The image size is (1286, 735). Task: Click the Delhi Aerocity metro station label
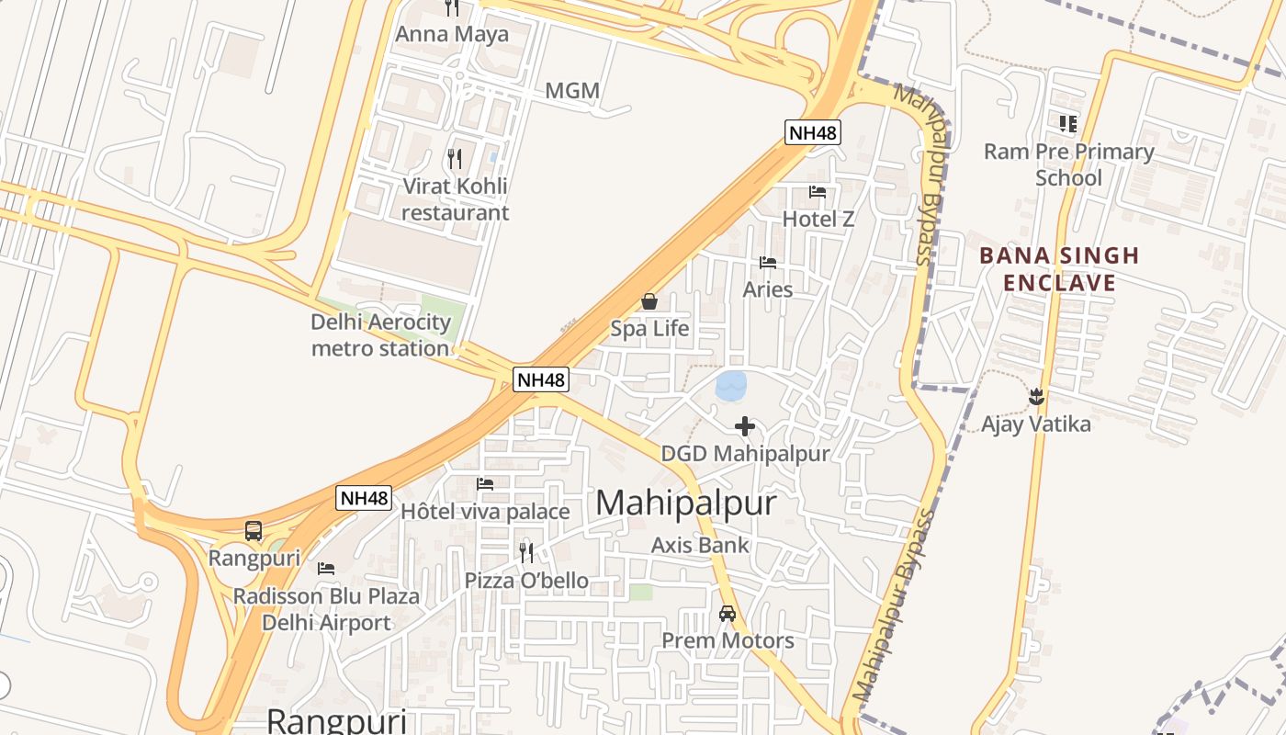tap(380, 335)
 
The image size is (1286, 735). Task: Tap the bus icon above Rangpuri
tap(254, 530)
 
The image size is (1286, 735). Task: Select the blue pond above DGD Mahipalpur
tap(731, 386)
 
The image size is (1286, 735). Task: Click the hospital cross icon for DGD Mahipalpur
tap(745, 426)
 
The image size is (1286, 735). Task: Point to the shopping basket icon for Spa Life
tap(649, 301)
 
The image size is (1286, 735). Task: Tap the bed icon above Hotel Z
tap(818, 192)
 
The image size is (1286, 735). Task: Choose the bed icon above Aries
tap(768, 263)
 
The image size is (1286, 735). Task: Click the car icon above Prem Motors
tap(728, 613)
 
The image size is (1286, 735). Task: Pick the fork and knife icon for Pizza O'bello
tap(526, 552)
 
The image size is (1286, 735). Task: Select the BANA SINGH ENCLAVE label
tap(1059, 268)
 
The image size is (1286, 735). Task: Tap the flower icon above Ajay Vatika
tap(1036, 397)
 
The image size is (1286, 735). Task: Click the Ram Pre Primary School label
tap(1068, 164)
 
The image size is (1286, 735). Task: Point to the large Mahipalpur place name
tap(686, 503)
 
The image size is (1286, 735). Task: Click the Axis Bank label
tap(700, 545)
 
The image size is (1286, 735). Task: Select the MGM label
tap(572, 91)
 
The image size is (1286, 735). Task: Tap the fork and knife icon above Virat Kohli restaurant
tap(455, 159)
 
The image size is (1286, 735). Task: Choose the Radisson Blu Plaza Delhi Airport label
tap(326, 609)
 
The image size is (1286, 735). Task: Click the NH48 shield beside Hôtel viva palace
tap(365, 498)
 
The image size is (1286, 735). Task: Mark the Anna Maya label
tap(452, 35)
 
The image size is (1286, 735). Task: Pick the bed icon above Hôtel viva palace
tap(485, 484)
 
